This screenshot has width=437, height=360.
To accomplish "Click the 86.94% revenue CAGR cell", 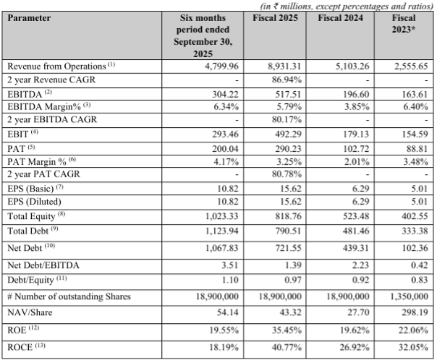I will click(x=287, y=79).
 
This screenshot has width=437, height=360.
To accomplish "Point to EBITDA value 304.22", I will click(x=221, y=93).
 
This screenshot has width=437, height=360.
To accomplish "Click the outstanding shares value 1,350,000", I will click(x=410, y=296).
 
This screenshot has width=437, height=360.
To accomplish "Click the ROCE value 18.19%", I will click(x=221, y=347).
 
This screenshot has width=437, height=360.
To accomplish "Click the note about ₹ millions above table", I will click(x=339, y=5).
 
